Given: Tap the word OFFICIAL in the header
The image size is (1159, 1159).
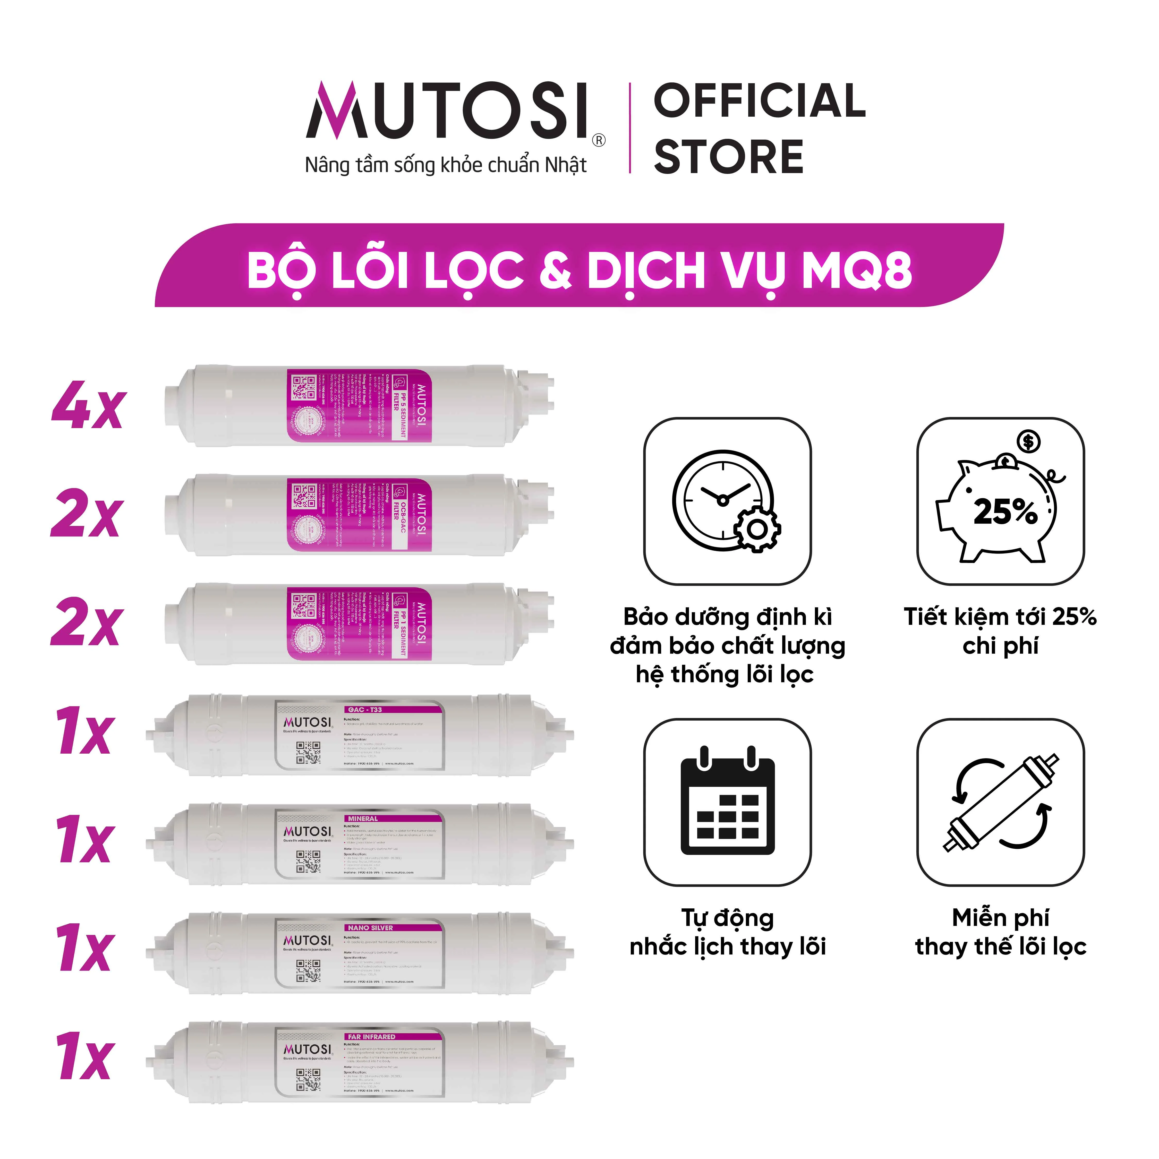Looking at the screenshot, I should (759, 101).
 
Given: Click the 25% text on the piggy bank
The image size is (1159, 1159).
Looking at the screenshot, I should (1005, 512).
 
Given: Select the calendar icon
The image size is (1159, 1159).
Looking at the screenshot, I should (727, 802).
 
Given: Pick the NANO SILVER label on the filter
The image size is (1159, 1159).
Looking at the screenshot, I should (370, 927).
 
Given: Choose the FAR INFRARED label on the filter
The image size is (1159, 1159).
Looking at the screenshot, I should (371, 1037).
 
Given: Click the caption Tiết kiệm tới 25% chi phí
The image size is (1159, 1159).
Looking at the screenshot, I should (1000, 631).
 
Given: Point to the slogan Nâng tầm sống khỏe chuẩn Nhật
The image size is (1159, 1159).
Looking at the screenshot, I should (446, 165).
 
